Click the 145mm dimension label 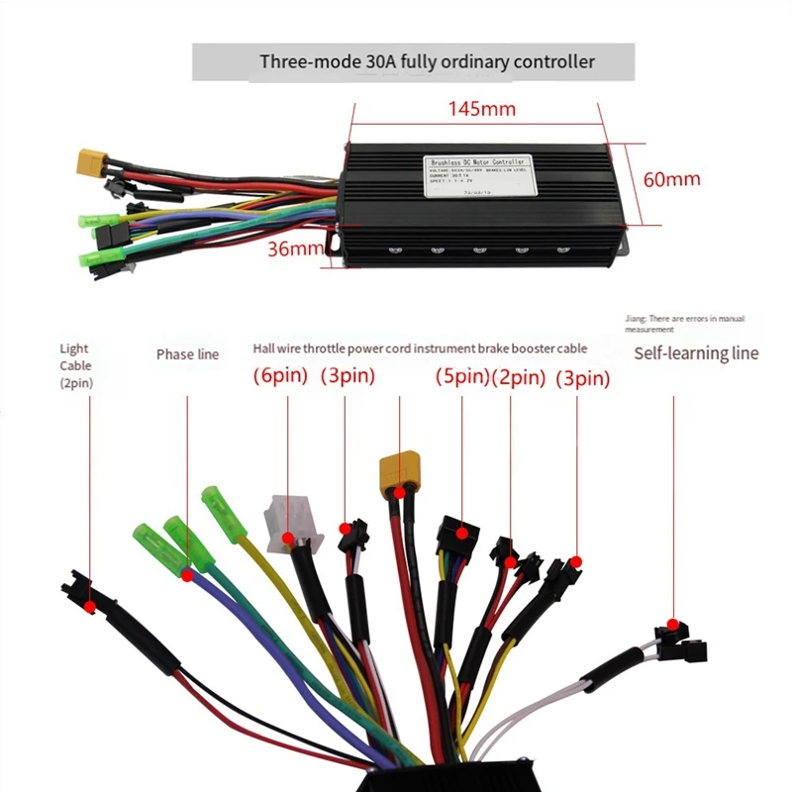point(476,108)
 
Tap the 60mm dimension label point(672,179)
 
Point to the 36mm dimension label point(294,249)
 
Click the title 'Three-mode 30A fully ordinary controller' point(427,61)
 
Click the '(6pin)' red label point(280,376)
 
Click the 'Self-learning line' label point(696,353)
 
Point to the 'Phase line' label point(187,353)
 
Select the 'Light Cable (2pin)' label point(75,364)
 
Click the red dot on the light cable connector point(90,604)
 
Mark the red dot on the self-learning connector point(674,626)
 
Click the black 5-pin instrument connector point(455,535)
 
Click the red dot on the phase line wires point(186,572)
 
